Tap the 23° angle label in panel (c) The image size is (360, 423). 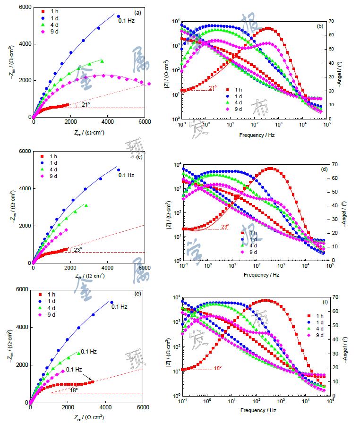click(x=77, y=249)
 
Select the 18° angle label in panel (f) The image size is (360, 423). click(x=217, y=368)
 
